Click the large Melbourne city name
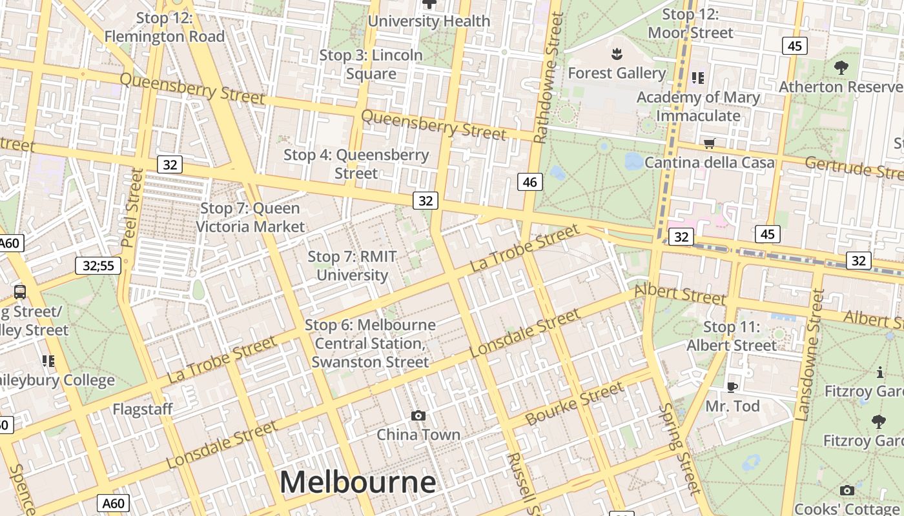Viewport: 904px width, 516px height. [x=358, y=482]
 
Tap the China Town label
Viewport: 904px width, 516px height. [x=418, y=434]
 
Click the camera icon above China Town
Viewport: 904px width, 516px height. [x=418, y=415]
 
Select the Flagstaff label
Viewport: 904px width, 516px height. [x=143, y=409]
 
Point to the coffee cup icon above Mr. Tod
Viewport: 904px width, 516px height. [x=732, y=387]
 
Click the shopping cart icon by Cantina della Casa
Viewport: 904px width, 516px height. [x=710, y=143]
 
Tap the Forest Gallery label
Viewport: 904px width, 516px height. [x=617, y=73]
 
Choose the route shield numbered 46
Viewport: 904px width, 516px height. [x=529, y=182]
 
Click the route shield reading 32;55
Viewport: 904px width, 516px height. [x=98, y=265]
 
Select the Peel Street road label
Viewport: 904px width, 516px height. [x=132, y=208]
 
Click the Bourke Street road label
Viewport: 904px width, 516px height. [x=575, y=403]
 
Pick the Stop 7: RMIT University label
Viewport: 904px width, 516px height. [x=352, y=266]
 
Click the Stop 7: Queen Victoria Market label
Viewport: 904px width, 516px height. [x=250, y=217]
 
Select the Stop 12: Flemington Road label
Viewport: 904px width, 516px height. [x=164, y=27]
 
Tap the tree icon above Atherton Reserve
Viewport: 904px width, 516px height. [x=841, y=66]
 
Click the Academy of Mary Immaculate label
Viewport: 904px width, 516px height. [x=698, y=106]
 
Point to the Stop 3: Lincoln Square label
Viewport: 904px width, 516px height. [x=371, y=64]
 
